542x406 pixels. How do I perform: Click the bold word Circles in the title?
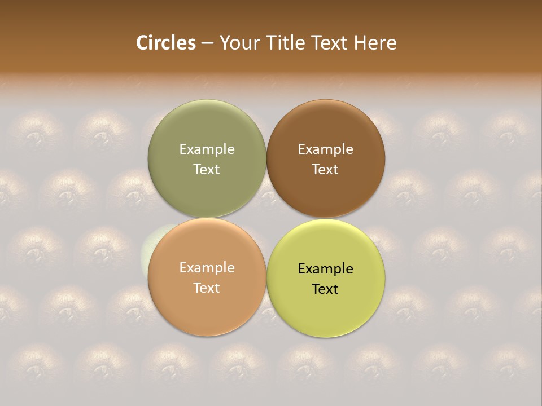[x=165, y=43]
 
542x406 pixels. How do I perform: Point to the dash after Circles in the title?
[x=207, y=43]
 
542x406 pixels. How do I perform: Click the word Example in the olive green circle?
[x=207, y=149]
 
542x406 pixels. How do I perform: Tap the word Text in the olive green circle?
[x=207, y=169]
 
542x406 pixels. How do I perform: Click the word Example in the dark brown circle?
[x=325, y=149]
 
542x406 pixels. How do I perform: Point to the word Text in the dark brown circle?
[x=325, y=169]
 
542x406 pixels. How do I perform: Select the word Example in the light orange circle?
[x=207, y=267]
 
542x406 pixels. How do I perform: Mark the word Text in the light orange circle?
[x=207, y=288]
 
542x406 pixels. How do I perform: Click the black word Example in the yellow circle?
[x=325, y=268]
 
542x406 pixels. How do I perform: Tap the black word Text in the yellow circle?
[x=325, y=289]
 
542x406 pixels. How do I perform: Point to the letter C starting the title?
[x=142, y=43]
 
